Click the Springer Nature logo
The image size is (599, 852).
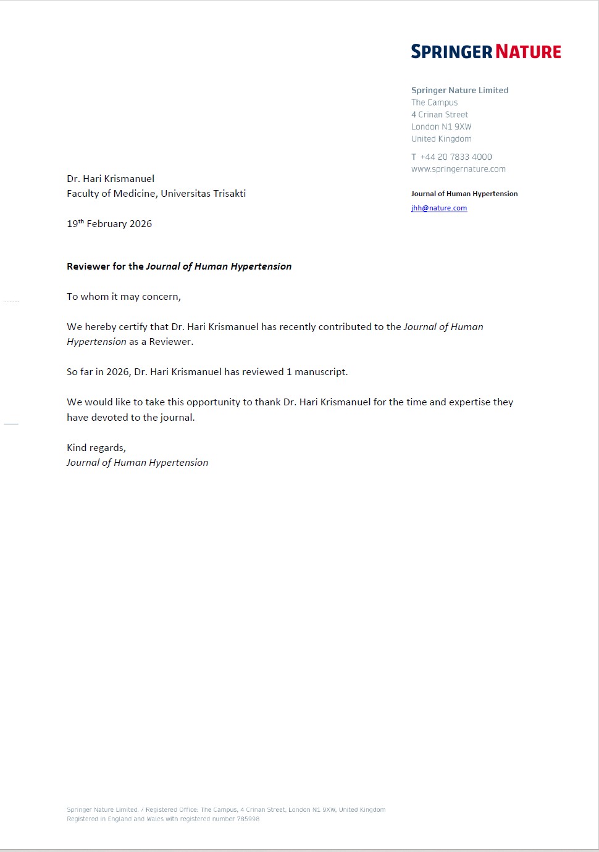point(486,51)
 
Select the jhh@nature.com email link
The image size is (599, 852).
point(439,208)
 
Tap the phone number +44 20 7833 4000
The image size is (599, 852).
point(456,157)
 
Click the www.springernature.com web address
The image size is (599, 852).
point(458,169)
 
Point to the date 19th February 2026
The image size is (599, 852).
point(109,223)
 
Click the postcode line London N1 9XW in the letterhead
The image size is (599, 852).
point(441,126)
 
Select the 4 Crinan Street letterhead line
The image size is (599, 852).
point(440,115)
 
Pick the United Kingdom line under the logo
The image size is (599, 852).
point(441,139)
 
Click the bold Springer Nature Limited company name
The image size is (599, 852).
point(459,90)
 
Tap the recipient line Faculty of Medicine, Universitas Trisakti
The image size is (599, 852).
point(156,193)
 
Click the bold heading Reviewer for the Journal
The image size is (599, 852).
point(179,267)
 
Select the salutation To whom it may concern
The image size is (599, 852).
point(124,297)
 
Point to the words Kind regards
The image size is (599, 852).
point(96,447)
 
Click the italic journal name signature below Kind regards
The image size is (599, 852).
point(137,463)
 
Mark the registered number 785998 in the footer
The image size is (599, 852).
point(248,819)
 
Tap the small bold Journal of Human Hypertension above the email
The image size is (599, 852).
point(464,194)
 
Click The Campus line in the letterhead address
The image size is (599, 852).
point(434,102)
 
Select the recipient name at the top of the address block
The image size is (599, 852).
point(111,178)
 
